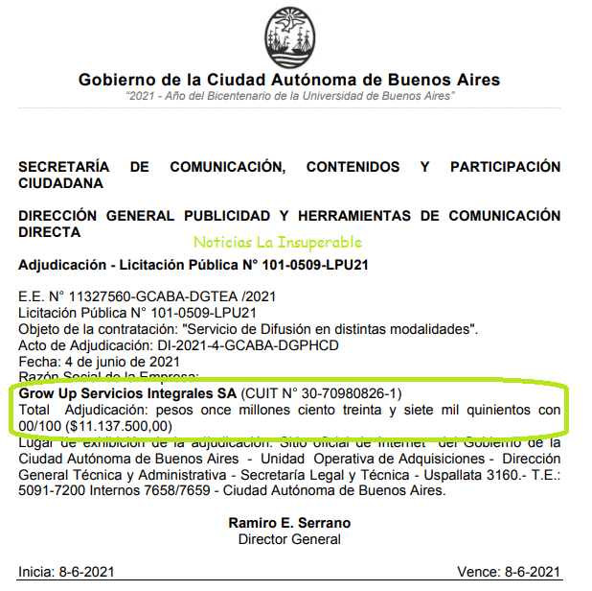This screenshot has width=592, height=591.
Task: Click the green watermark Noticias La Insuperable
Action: (278, 243)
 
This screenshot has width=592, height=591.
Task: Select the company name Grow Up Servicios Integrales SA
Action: (128, 393)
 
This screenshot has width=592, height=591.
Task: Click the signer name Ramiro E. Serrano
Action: (289, 524)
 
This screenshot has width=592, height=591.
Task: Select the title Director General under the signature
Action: (289, 539)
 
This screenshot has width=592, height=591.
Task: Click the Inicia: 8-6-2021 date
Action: (63, 573)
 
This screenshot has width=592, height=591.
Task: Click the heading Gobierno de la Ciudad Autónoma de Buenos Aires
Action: (289, 80)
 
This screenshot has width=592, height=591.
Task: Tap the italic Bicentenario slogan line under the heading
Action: (289, 97)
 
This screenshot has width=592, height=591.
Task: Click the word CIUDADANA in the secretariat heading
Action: (61, 182)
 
